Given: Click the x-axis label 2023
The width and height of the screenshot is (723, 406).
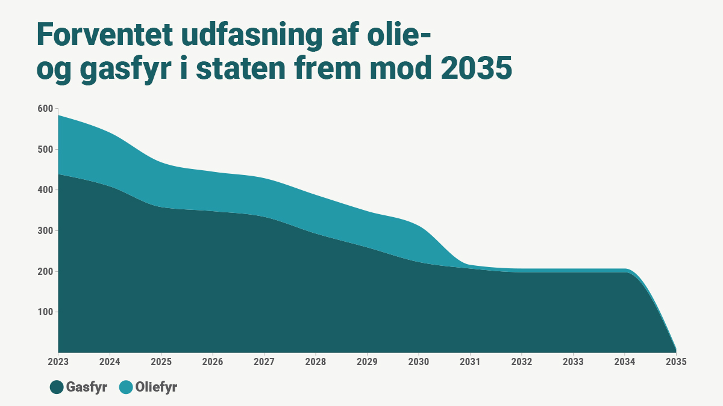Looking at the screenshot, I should click(58, 362).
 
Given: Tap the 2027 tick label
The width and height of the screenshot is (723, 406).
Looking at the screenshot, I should click(264, 362).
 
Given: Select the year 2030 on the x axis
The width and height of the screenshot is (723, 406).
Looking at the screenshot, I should click(419, 362).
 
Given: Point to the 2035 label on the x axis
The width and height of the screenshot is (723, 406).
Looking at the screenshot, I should click(675, 362).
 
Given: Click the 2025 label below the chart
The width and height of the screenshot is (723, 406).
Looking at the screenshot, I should click(161, 362).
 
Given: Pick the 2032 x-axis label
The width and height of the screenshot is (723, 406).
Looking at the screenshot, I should click(521, 362).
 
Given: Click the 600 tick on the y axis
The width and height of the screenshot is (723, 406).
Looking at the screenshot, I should click(46, 109).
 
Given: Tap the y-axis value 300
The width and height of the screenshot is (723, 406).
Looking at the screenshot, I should click(46, 231).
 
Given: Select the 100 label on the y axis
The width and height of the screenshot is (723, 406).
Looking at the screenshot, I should click(46, 312).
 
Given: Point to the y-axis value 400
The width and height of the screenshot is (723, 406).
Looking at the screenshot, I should click(46, 190).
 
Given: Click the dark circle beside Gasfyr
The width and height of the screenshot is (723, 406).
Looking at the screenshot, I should click(57, 387).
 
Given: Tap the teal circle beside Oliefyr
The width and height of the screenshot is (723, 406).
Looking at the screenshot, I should click(126, 387).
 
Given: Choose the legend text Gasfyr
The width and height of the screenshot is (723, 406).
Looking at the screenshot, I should click(87, 387).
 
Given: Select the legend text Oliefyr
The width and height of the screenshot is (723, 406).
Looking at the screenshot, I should click(156, 387).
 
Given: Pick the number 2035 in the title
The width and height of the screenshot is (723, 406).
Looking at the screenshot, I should click(476, 70).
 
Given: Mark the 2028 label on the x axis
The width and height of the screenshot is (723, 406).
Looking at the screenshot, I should click(316, 362).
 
